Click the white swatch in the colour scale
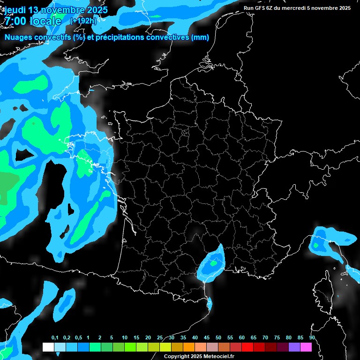click(48, 347)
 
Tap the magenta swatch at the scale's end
click(306, 347)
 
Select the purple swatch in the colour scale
click(294, 347)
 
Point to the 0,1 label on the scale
click(55, 338)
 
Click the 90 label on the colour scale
click(312, 338)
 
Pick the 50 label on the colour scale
click(218, 338)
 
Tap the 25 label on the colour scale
click(160, 338)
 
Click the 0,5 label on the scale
click(78, 338)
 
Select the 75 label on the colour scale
click(277, 338)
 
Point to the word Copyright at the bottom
click(176, 357)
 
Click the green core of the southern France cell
click(214, 263)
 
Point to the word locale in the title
click(45, 21)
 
